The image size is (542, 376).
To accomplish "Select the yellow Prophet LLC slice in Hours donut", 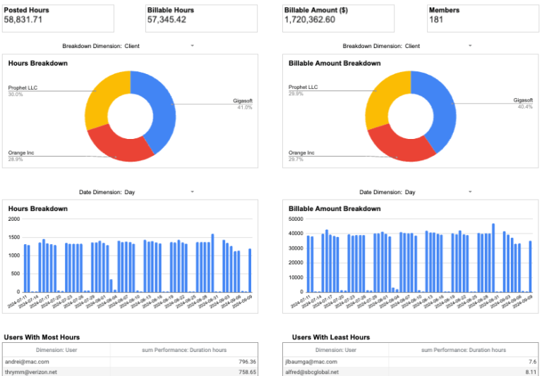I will pyautogui.click(x=104, y=95).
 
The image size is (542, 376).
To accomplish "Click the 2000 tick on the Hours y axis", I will pyautogui.click(x=14, y=219).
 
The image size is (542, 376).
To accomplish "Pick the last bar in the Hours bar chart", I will pyautogui.click(x=249, y=270).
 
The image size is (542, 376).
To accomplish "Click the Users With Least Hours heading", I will pyautogui.click(x=330, y=337).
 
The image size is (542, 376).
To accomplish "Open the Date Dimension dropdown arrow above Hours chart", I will pyautogui.click(x=192, y=192).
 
